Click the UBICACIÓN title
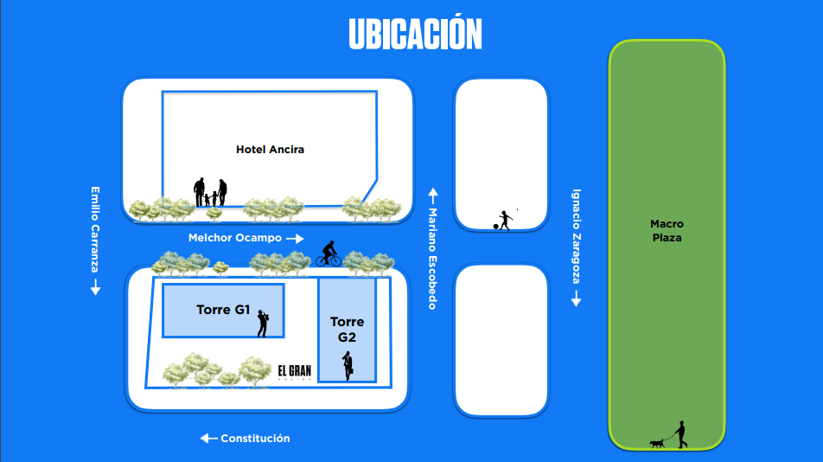click(x=415, y=33)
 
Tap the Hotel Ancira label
click(x=270, y=150)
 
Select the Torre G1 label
click(x=223, y=310)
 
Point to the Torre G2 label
click(x=347, y=329)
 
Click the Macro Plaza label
click(x=667, y=230)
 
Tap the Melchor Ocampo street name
click(x=234, y=238)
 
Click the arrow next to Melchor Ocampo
click(x=295, y=239)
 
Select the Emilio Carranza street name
click(x=95, y=229)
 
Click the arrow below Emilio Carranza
click(x=95, y=287)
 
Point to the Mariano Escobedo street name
click(x=432, y=259)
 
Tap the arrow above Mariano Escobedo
click(x=433, y=196)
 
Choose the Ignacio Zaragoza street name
click(x=577, y=236)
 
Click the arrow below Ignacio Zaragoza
click(x=577, y=298)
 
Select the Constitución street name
click(x=255, y=439)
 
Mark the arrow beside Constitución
click(x=209, y=439)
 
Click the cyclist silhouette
click(x=329, y=253)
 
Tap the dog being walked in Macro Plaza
click(x=657, y=444)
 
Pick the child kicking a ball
click(x=503, y=221)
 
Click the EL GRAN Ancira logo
click(x=295, y=372)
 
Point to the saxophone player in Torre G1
click(x=263, y=324)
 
